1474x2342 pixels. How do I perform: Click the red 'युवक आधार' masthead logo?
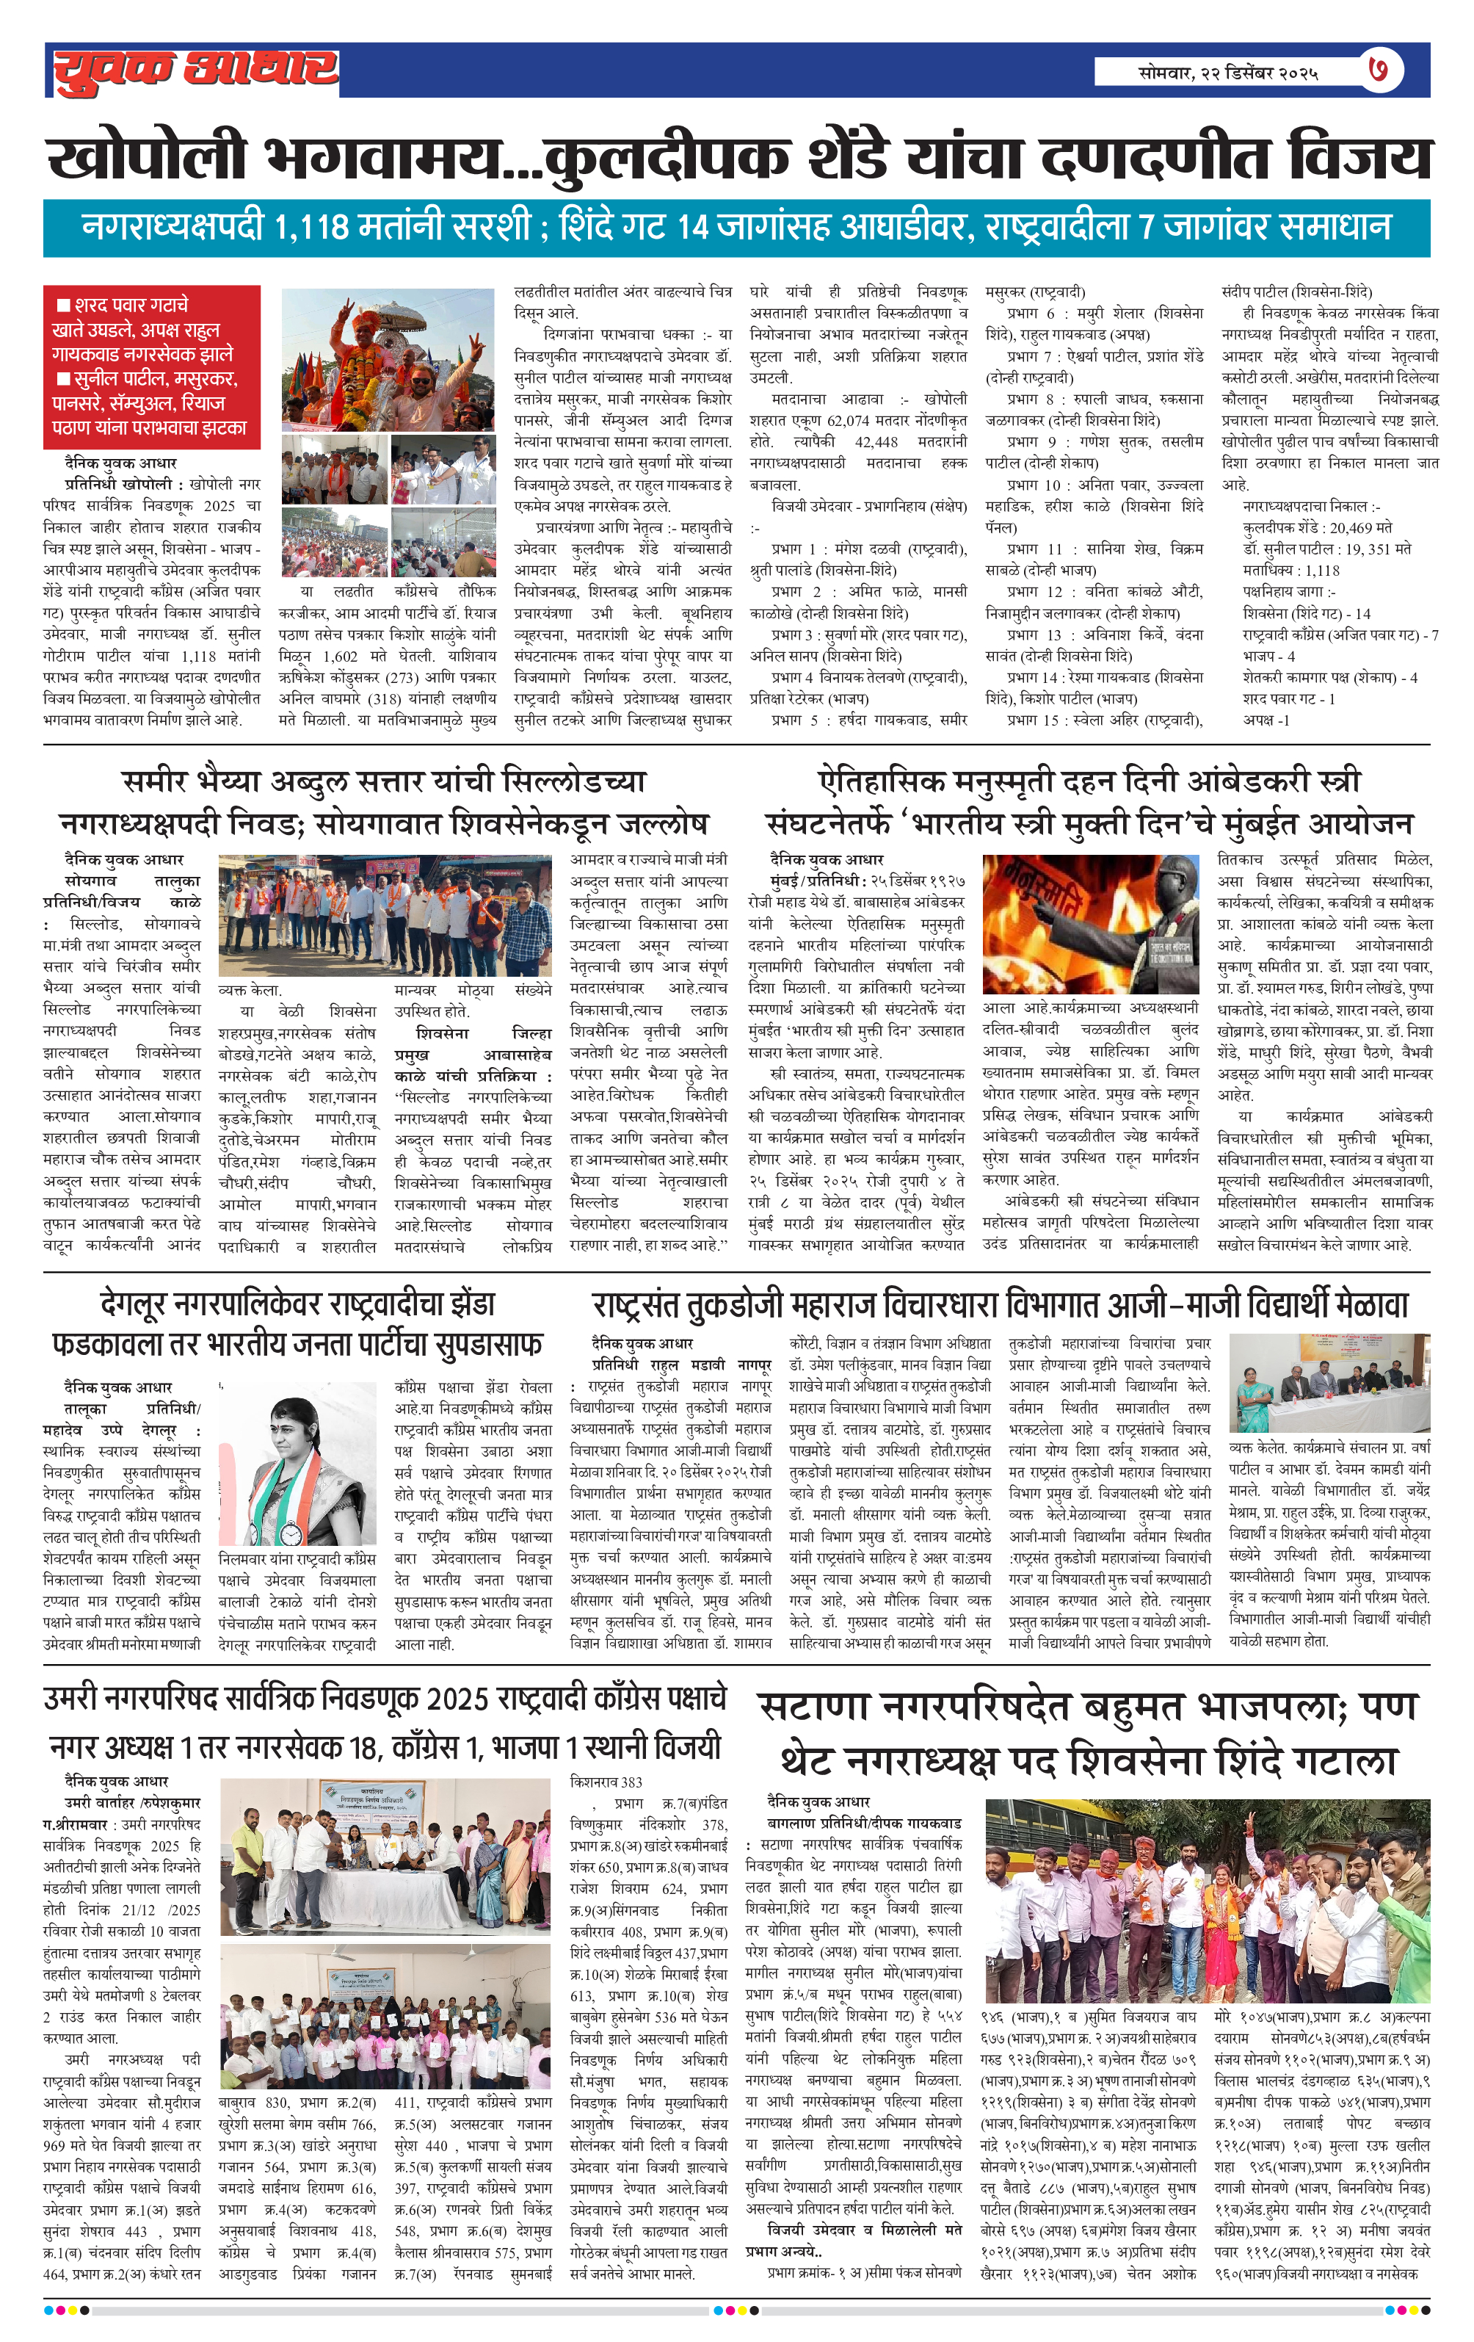(x=195, y=70)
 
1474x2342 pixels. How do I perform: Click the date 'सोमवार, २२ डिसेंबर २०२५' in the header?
(x=1227, y=72)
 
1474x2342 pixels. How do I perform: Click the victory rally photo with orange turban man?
(x=388, y=359)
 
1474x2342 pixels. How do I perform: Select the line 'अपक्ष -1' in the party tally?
(x=1266, y=720)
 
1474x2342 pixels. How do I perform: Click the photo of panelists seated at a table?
(x=1329, y=1382)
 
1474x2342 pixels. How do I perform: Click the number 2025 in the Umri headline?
(x=461, y=1697)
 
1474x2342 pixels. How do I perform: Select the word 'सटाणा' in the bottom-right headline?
(x=813, y=1707)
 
